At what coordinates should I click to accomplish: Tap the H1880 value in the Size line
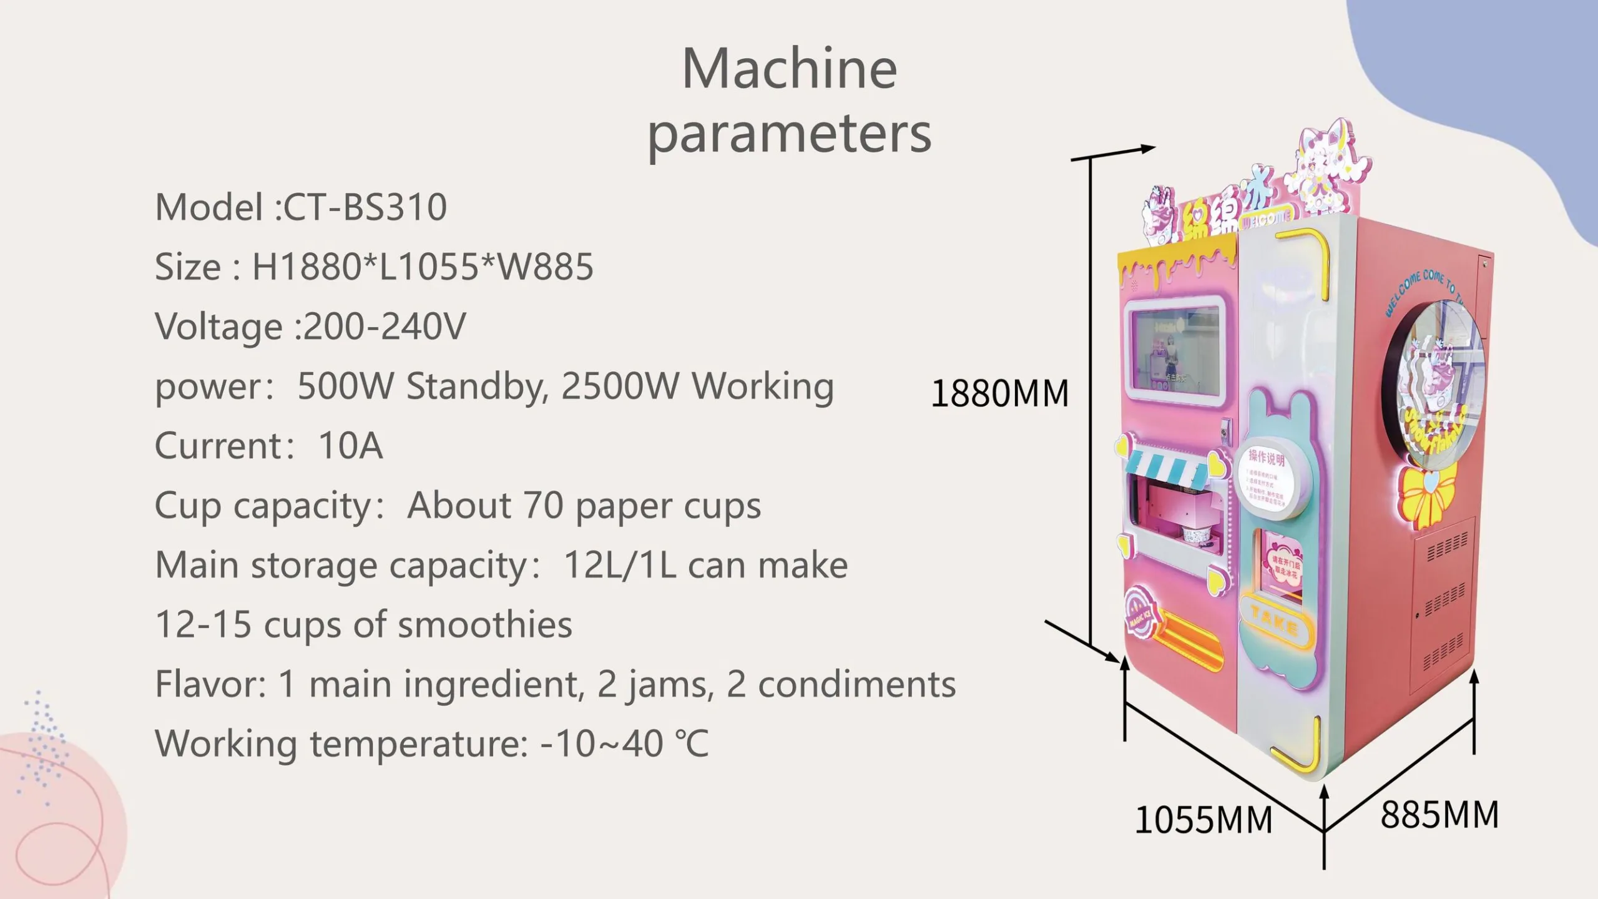(306, 267)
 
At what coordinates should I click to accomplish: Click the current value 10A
(350, 445)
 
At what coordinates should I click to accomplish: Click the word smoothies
(485, 624)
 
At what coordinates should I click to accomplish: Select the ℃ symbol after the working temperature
(692, 744)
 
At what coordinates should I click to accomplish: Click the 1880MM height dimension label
(999, 393)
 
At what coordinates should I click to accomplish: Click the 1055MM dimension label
(1203, 820)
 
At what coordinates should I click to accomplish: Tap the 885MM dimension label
(1439, 814)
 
